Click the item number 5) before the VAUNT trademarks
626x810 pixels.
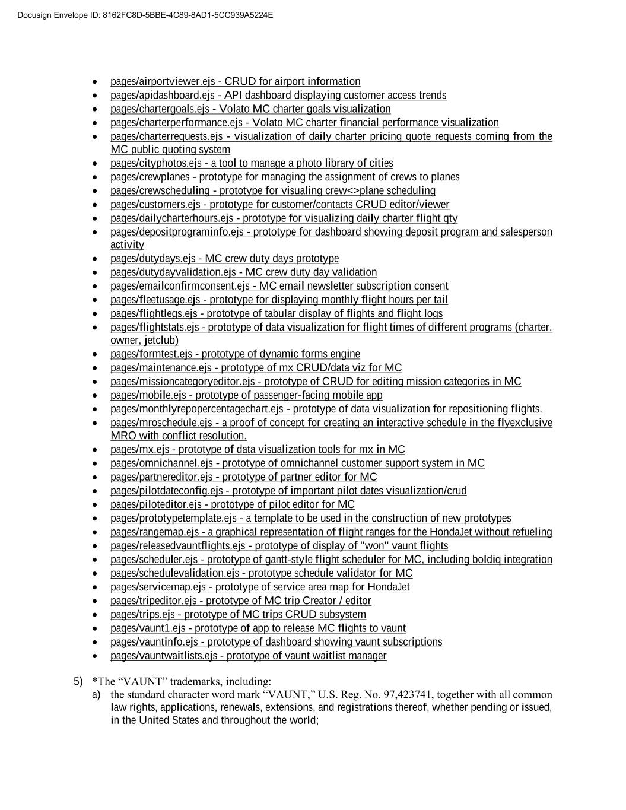(x=78, y=681)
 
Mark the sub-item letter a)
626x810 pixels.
(x=96, y=695)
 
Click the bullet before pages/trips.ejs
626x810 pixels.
(x=96, y=615)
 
